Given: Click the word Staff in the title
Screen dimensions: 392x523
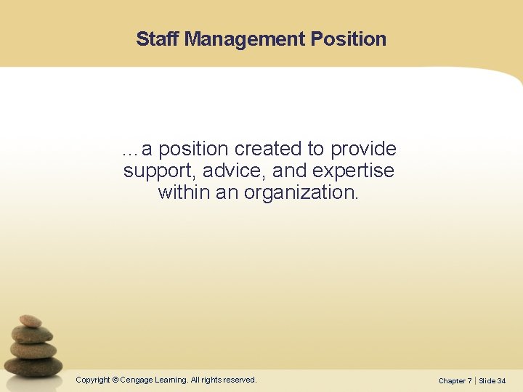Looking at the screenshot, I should coord(158,38).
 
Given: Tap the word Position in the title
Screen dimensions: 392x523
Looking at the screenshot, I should coord(349,38).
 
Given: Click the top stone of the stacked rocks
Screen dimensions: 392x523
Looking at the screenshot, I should coord(31,321).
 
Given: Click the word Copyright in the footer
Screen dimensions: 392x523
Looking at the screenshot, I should coord(93,380).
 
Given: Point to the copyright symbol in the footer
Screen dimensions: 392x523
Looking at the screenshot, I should coord(115,380).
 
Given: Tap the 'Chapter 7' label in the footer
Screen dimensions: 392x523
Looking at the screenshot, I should coord(455,380).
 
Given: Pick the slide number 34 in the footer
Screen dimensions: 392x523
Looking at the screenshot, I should coord(502,380).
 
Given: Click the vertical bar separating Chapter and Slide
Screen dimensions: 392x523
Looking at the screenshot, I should coord(475,380).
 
